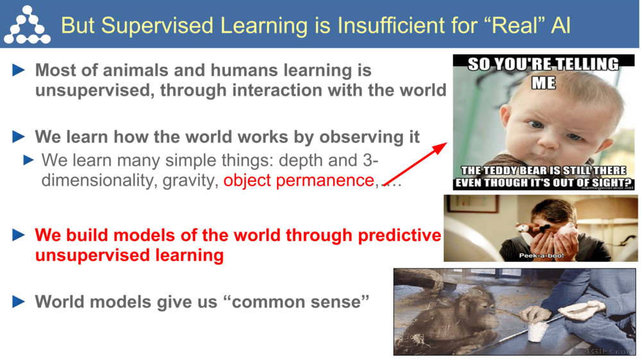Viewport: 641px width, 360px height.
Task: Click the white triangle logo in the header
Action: pyautogui.click(x=26, y=25)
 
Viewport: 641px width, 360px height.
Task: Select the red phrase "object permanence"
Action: pyautogui.click(x=298, y=181)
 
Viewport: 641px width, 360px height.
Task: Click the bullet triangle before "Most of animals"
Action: pyautogui.click(x=19, y=70)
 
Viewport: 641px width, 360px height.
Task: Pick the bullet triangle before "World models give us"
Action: pyautogui.click(x=19, y=301)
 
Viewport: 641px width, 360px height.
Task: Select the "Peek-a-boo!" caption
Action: pyautogui.click(x=541, y=256)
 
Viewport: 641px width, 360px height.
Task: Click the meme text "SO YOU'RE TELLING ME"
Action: pyautogui.click(x=543, y=72)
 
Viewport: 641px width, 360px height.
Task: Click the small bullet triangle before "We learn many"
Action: pyautogui.click(x=29, y=160)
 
